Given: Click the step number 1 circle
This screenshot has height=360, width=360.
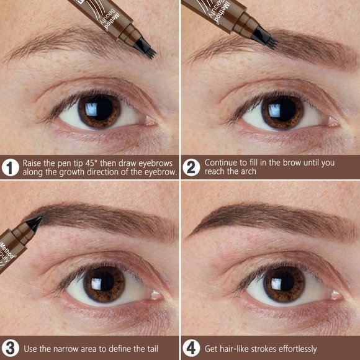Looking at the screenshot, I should point(10,167).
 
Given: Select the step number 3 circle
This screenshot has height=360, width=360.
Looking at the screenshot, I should point(10,348).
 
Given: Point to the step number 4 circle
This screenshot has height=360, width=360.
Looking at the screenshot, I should point(191,348).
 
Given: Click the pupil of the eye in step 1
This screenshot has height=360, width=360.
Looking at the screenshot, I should point(99,110).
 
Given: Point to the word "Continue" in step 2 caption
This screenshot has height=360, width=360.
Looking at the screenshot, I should point(222,162).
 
